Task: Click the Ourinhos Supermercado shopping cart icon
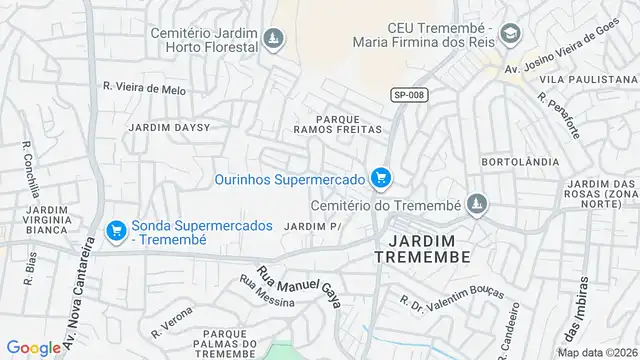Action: [380, 179]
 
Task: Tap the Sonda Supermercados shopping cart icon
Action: [116, 231]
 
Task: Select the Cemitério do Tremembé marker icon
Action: [476, 204]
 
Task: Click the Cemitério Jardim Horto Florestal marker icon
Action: [273, 39]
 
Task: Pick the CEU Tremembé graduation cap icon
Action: [511, 33]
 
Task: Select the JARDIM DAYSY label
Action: [169, 128]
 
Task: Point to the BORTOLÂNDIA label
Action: [512, 161]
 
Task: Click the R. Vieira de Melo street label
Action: [144, 88]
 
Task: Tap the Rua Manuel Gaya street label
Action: [299, 285]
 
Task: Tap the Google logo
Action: [33, 347]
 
